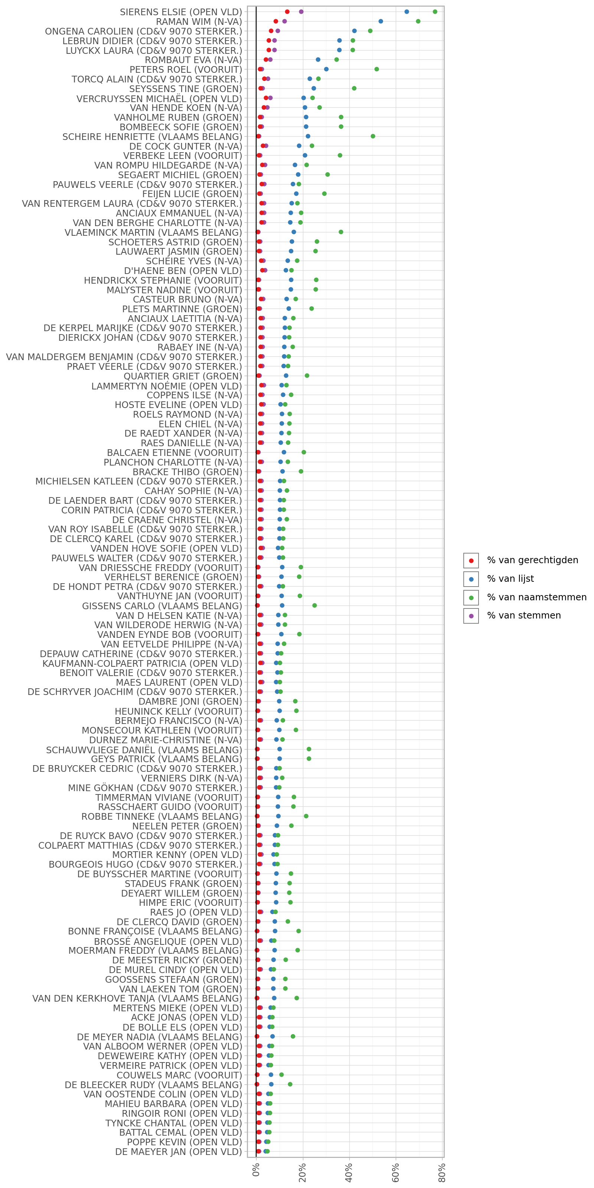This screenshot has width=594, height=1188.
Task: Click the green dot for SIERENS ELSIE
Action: (x=435, y=12)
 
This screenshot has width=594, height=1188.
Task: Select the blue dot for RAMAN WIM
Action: (x=381, y=21)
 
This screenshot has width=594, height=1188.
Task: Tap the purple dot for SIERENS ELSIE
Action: (x=301, y=12)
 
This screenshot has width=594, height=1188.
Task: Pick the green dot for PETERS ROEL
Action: (x=376, y=69)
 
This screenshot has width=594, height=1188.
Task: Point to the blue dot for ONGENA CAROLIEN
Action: (x=354, y=31)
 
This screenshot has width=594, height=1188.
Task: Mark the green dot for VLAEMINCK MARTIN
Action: (x=341, y=232)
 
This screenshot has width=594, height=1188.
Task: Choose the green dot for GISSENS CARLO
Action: (x=314, y=606)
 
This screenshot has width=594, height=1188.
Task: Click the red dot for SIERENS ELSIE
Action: (x=287, y=12)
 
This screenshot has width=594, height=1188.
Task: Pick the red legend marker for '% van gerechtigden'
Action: (x=471, y=560)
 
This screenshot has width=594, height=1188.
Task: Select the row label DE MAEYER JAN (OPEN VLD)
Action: (x=179, y=1152)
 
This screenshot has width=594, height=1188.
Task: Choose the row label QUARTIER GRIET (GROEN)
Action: (x=183, y=376)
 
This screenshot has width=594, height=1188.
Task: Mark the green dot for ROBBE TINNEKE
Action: (x=306, y=816)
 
